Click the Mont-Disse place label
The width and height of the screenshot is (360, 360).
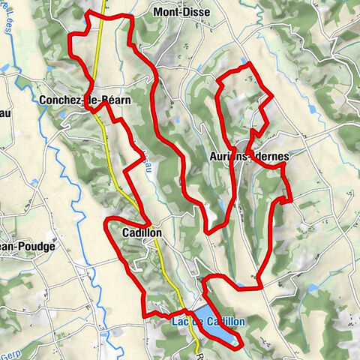tap(181, 13)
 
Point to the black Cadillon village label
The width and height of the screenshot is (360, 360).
tap(139, 233)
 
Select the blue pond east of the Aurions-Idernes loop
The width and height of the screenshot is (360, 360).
tap(313, 109)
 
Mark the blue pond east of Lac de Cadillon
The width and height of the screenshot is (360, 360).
tap(313, 288)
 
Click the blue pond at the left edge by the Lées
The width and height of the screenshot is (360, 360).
tap(4, 68)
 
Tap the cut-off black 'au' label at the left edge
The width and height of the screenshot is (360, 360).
tap(4, 114)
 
